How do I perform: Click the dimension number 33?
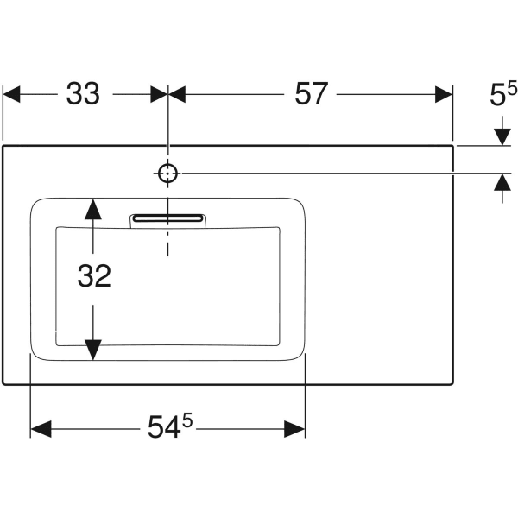point(83,94)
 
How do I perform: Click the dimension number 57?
point(312,94)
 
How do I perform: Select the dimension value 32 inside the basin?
point(94,275)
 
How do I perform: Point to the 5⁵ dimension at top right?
point(502,94)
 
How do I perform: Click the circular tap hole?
point(168,174)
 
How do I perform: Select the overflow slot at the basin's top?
point(169,219)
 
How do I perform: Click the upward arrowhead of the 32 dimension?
point(92,208)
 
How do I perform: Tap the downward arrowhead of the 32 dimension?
point(92,350)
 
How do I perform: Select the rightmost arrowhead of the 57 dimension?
point(443,94)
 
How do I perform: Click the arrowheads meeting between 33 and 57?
point(168,94)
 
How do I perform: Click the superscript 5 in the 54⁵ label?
point(186,420)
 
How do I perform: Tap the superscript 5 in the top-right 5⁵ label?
point(511,88)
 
